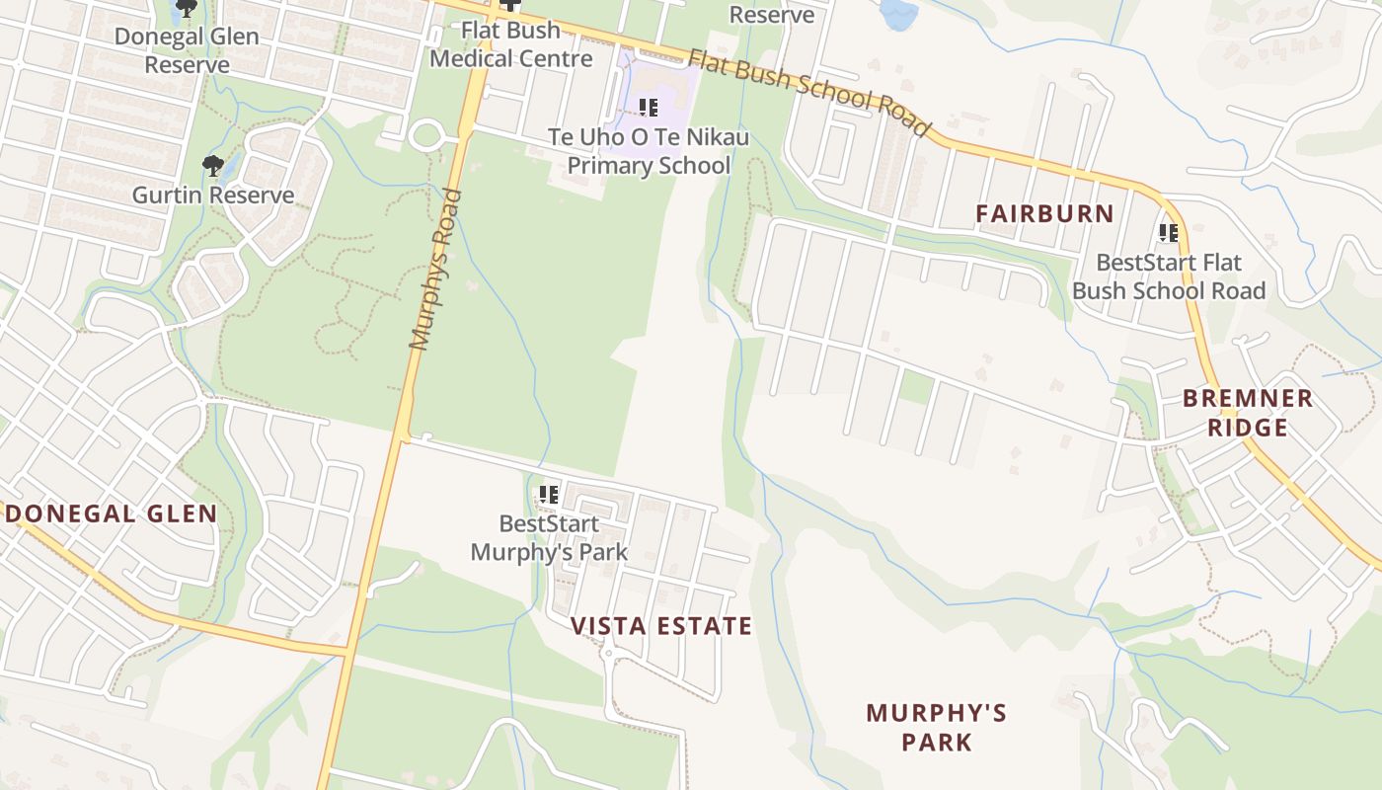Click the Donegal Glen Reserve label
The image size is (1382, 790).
point(187,50)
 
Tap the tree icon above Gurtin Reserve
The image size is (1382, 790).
point(212,166)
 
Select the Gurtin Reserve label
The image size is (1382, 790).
point(213,195)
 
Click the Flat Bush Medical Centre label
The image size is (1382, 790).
point(511,44)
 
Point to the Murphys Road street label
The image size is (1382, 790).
point(435,270)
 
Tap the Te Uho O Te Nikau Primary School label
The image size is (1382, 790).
point(649,151)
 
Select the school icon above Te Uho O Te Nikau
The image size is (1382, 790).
point(648,107)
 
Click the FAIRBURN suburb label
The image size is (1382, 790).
point(1044,213)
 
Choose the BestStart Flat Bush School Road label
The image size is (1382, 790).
point(1169,276)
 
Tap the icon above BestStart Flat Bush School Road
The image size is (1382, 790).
point(1169,233)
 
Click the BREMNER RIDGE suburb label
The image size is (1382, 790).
point(1248,413)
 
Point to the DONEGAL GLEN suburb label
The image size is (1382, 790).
point(112,513)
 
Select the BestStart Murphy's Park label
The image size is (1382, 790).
point(549,537)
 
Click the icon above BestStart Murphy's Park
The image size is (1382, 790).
point(549,494)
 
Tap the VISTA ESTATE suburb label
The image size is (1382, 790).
point(661,626)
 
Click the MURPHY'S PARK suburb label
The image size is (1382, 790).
point(936,727)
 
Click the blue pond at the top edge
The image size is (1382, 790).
point(898,13)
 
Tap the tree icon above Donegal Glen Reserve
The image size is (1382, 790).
point(186,9)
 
